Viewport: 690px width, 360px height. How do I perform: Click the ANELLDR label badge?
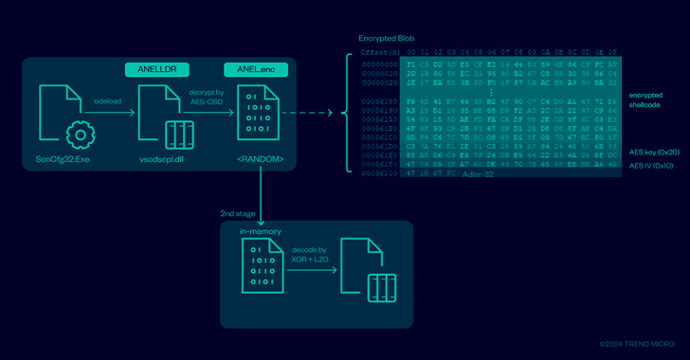[158, 69]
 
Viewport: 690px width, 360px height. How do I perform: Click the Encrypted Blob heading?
[384, 38]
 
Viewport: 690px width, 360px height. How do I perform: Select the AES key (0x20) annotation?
[652, 152]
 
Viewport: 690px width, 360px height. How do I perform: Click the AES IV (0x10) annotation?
[652, 165]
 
